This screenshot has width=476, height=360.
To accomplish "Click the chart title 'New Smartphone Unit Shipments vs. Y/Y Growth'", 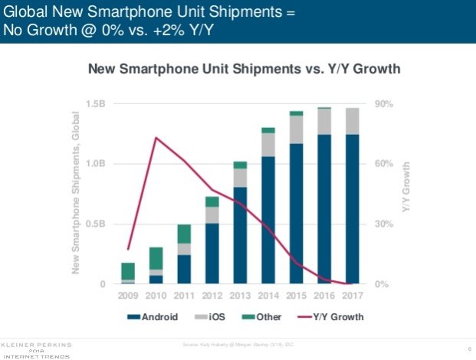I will (245, 70).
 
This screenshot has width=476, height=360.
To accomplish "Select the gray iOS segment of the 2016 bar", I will (324, 121).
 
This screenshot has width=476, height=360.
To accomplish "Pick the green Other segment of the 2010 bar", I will (156, 258).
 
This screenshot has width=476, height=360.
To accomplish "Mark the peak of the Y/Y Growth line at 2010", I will (156, 138).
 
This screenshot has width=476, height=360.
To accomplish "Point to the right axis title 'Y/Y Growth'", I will (408, 193).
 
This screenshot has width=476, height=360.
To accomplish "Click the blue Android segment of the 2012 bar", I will (212, 254).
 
